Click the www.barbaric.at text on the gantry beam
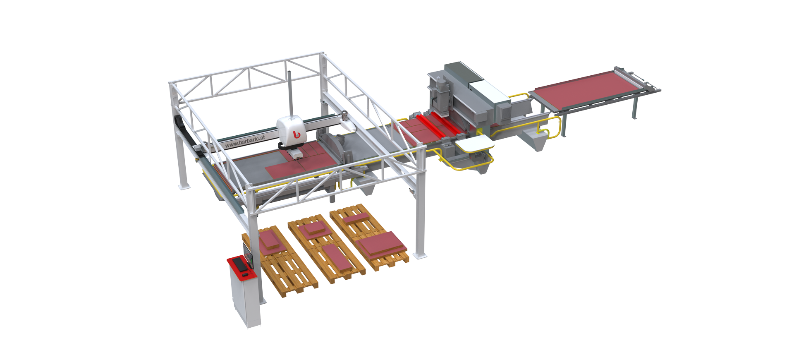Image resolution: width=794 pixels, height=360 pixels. click(245, 141)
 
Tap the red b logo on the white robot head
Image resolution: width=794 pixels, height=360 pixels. click(296, 134)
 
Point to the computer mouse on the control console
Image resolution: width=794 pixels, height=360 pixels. click(245, 275)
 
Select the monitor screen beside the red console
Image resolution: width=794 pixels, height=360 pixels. click(248, 254)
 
